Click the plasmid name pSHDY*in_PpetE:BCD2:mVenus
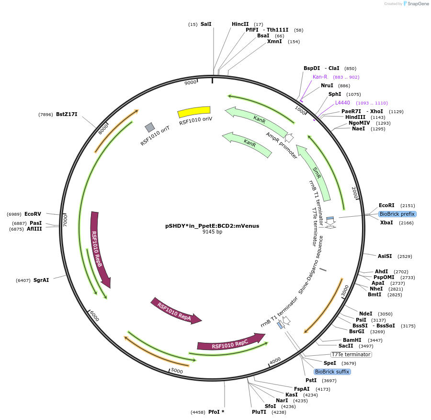[x=212, y=225]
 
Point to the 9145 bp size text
[x=212, y=232]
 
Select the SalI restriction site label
[x=206, y=24]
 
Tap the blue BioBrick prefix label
[x=397, y=214]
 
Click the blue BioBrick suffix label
[x=332, y=372]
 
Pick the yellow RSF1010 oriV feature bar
[x=194, y=112]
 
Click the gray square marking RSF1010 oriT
[x=150, y=127]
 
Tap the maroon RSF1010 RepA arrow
[x=175, y=311]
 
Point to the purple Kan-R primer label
[x=320, y=77]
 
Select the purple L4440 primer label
[x=342, y=103]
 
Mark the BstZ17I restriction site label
[x=67, y=114]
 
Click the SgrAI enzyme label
[x=41, y=280]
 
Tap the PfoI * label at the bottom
[x=216, y=412]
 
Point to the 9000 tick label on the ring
[x=191, y=82]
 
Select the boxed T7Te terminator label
[x=351, y=354]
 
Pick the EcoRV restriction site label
[x=33, y=214]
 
